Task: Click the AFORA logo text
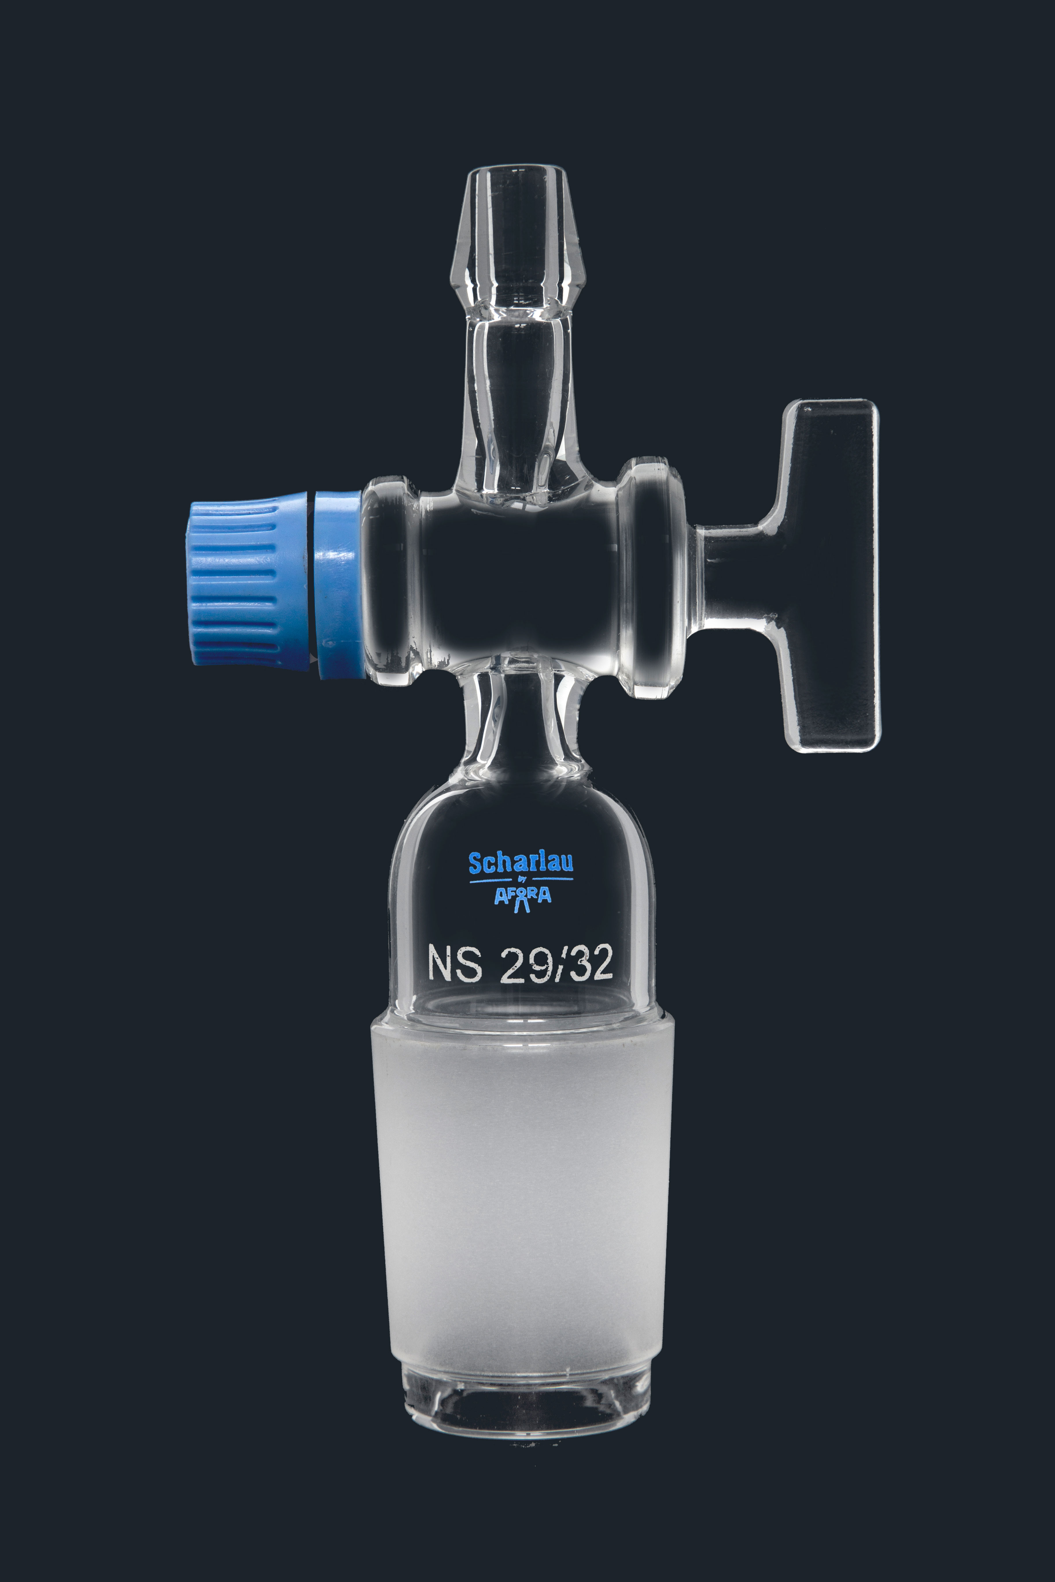click(522, 896)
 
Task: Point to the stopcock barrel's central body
click(521, 579)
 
